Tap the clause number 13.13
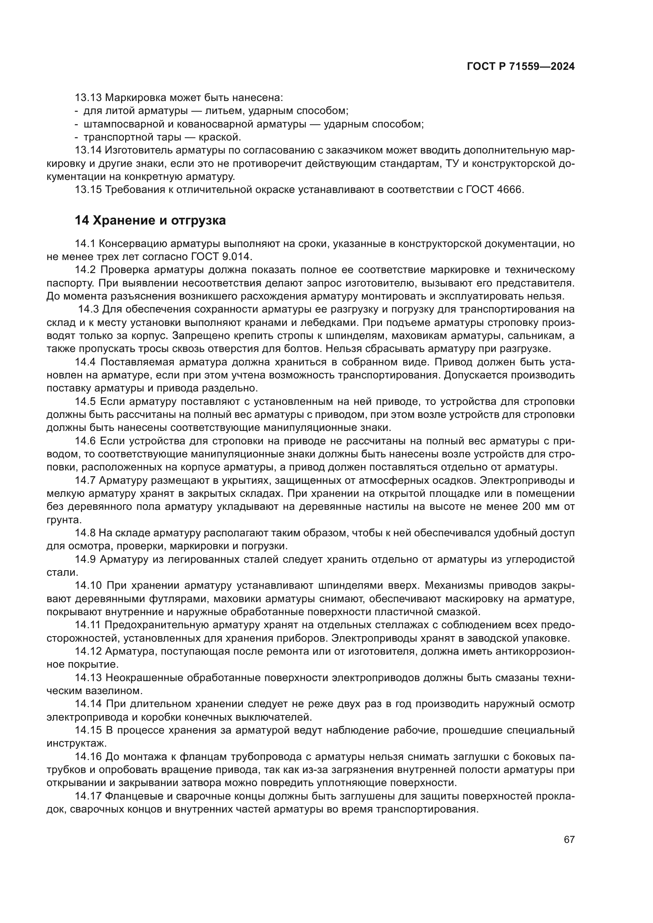pyautogui.click(x=88, y=98)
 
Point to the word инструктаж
pyautogui.click(x=77, y=743)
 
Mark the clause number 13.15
pyautogui.click(x=88, y=190)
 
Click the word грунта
pyautogui.click(x=64, y=520)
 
